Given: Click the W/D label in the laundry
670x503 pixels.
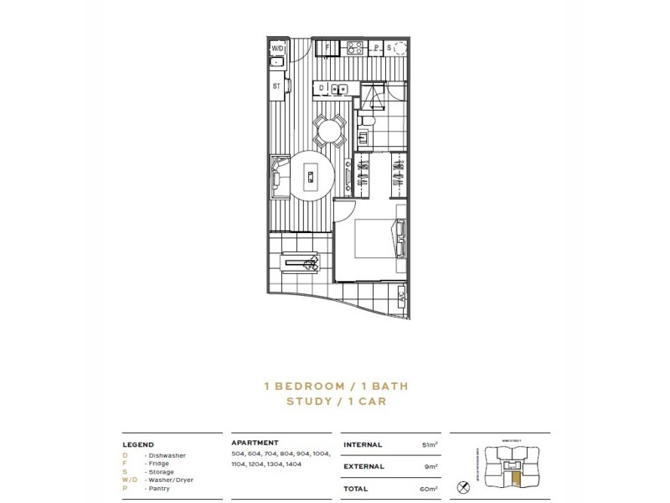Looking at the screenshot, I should click(x=277, y=49).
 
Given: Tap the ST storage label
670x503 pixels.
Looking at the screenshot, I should click(x=276, y=86).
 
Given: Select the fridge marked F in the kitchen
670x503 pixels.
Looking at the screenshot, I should click(x=329, y=47).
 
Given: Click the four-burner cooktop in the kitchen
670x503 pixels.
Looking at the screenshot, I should click(x=353, y=47).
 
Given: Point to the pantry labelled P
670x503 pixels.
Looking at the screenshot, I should click(x=377, y=48).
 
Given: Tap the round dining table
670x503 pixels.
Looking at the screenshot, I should click(x=328, y=131).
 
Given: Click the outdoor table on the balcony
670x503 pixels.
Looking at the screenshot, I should click(x=301, y=266).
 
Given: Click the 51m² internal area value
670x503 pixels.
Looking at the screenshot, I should click(x=429, y=444).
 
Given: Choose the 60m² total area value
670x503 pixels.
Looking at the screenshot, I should click(x=428, y=487).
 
